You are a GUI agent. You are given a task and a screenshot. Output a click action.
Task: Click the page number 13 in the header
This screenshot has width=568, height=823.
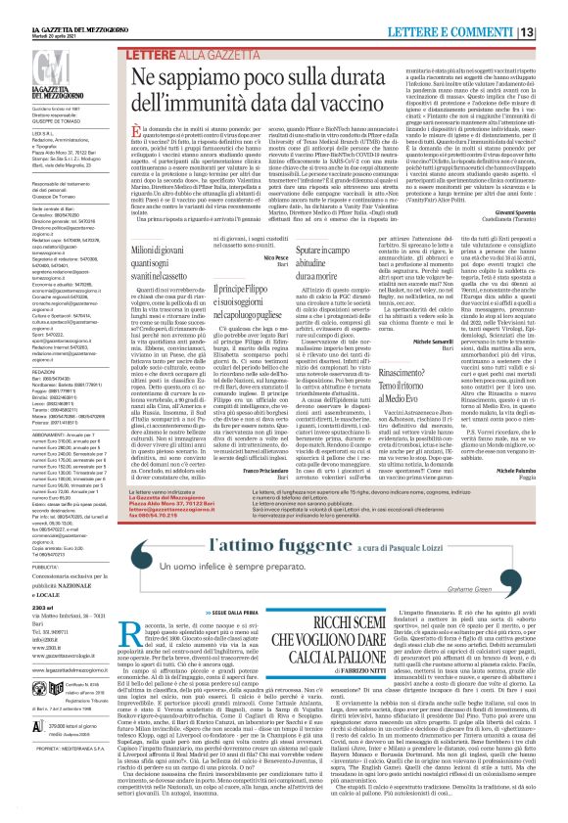pos(554,10)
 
